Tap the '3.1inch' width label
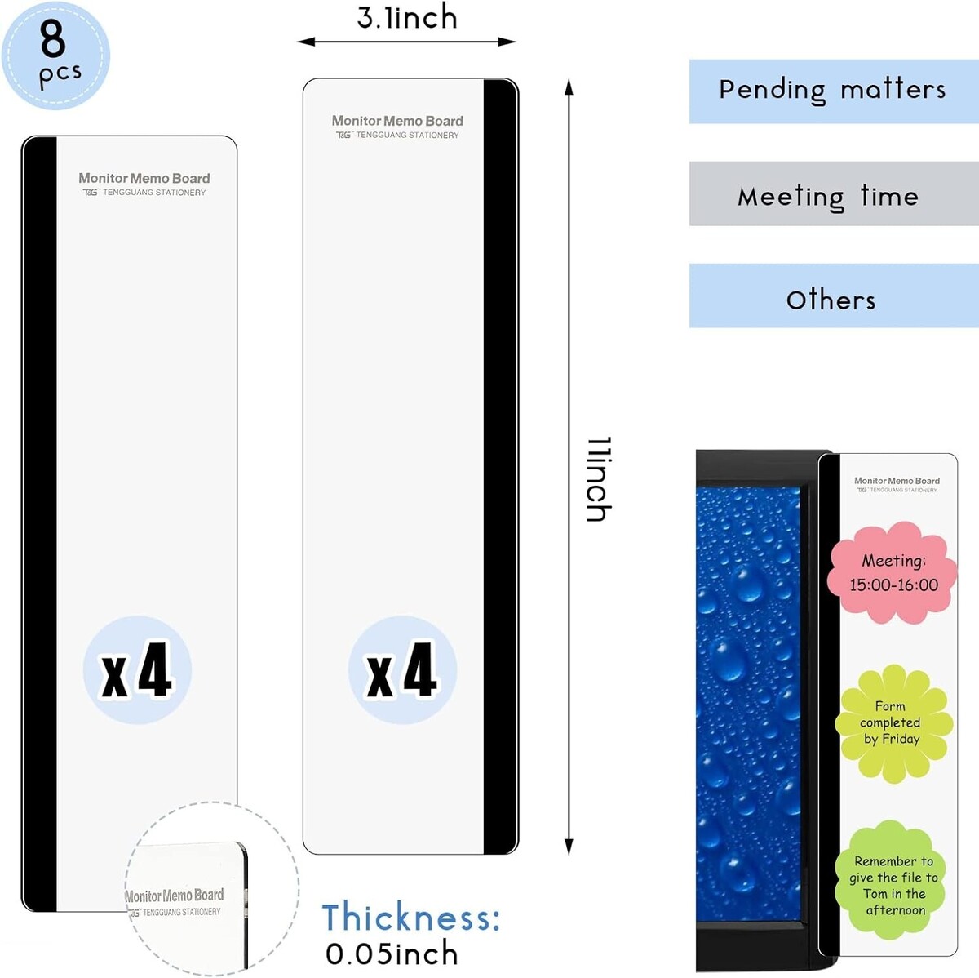pos(407,17)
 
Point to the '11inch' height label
pos(599,478)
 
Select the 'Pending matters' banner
pos(834,91)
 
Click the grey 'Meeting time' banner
pos(834,193)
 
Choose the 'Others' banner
pos(834,296)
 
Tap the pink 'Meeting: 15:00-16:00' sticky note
pos(893,572)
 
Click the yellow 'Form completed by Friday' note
pos(893,723)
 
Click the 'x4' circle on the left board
pos(137,669)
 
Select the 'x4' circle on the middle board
pos(402,669)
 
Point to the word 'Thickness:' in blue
pos(411,917)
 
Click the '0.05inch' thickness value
pos(392,954)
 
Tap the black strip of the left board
pos(40,524)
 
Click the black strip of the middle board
pos(500,466)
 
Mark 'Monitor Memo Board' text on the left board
pos(144,179)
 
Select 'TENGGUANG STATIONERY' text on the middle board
pos(407,136)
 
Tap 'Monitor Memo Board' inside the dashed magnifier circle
pos(175,896)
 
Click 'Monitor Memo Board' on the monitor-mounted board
pos(897,481)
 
